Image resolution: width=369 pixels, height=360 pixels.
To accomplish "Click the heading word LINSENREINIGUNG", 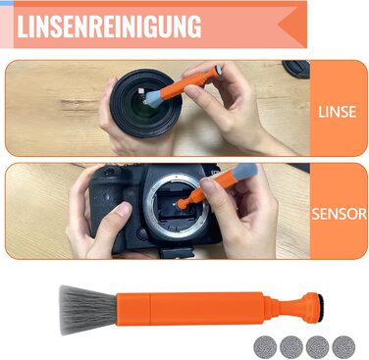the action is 109,26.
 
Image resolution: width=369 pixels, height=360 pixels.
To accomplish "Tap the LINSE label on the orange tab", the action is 338,112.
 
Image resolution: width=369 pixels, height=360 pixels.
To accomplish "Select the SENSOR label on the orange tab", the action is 340,214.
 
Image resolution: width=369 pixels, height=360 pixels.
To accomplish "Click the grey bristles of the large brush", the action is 86,310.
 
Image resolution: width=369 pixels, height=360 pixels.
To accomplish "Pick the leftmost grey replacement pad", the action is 265,347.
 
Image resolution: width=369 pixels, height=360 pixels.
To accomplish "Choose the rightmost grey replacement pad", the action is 343,347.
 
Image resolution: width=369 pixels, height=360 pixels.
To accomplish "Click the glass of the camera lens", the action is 146,106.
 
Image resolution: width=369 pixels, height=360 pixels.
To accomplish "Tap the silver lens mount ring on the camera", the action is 178,206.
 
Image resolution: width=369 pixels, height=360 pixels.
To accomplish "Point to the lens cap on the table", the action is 296,69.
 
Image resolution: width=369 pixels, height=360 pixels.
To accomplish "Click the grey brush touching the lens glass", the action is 153,99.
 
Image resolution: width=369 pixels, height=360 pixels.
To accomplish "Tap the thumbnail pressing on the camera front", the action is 124,209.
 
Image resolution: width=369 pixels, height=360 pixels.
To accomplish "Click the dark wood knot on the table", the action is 78,105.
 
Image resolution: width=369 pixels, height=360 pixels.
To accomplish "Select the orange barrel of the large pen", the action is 190,308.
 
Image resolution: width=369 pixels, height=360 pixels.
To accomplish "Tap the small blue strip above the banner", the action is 7,3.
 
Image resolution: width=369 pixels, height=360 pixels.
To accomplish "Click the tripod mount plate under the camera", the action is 175,253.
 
